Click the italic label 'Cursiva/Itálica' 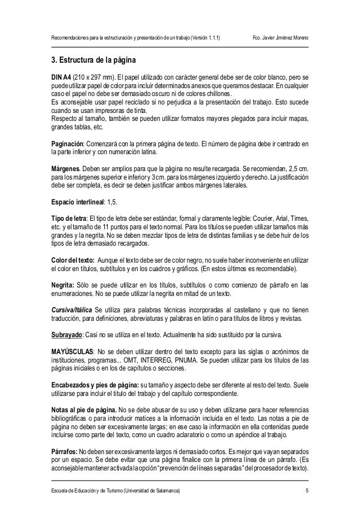pos(71,310)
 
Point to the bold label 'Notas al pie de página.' pos(84,409)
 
